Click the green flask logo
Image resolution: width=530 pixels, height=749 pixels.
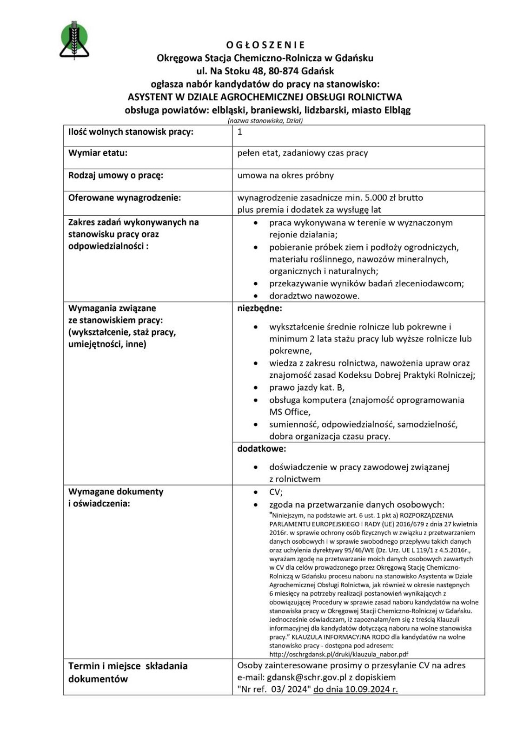[x=74, y=40]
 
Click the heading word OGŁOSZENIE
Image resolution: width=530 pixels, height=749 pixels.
[x=265, y=45]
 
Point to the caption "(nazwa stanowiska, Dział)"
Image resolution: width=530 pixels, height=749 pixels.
[x=265, y=121]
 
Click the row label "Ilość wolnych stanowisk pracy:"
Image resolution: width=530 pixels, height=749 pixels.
[x=131, y=132]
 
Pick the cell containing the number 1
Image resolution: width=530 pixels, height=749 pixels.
[x=240, y=132]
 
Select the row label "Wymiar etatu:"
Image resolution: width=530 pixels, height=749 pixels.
[x=98, y=153]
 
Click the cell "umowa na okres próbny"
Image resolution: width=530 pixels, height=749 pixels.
[x=285, y=175]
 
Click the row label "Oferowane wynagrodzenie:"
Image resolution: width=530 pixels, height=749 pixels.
[x=125, y=197]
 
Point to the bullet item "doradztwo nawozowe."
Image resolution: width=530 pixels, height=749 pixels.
[x=314, y=296]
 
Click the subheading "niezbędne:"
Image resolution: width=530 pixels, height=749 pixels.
[x=259, y=308]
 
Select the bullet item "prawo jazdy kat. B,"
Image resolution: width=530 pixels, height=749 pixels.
[x=307, y=388]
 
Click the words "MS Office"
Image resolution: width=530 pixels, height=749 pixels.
[x=289, y=412]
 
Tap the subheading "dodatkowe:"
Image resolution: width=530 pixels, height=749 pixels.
[x=261, y=449]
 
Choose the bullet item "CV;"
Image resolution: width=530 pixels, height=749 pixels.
[x=276, y=492]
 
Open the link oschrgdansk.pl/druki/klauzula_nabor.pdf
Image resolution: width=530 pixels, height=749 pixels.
[x=338, y=654]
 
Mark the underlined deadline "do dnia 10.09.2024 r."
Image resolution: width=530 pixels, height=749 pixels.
[x=356, y=690]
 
